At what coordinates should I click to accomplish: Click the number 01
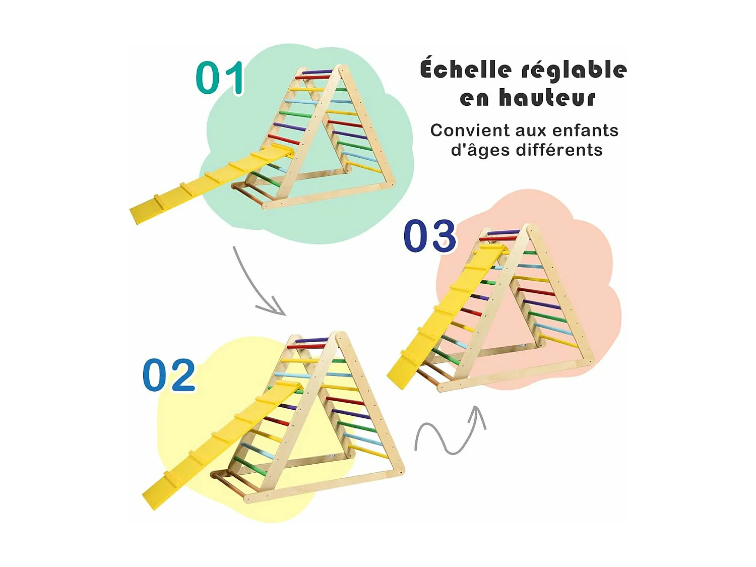220,78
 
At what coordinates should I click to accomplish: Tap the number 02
169,375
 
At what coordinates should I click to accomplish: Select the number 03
430,235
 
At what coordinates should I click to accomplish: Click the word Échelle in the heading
465,70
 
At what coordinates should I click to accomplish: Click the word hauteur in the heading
547,98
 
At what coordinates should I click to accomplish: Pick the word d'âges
480,150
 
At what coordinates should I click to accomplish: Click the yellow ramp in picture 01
212,181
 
